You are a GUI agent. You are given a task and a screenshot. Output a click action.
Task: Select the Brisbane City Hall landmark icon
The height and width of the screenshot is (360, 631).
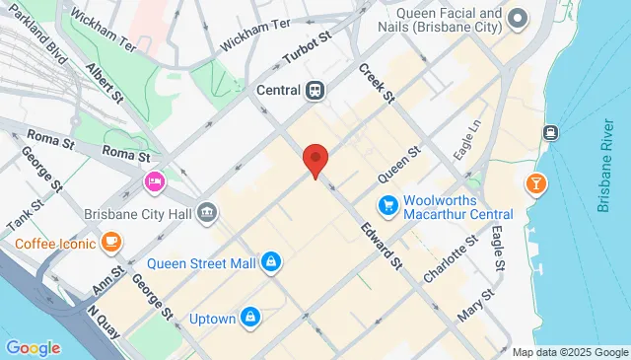click(x=207, y=211)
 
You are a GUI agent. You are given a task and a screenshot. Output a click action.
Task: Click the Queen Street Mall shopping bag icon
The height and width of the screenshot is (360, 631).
click(x=270, y=262)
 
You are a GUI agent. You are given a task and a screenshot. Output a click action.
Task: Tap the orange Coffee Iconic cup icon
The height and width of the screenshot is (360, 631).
click(x=111, y=242)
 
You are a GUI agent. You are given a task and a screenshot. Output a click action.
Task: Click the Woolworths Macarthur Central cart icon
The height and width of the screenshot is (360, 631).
click(x=388, y=206)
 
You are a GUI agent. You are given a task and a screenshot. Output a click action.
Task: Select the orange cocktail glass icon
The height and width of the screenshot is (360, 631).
click(x=536, y=183)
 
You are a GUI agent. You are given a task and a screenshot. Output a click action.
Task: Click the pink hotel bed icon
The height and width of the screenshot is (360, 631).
click(x=154, y=181)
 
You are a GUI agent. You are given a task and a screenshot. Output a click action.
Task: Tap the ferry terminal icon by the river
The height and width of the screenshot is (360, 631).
click(x=550, y=132)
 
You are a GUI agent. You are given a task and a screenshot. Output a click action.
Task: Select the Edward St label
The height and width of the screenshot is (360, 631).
click(x=382, y=245)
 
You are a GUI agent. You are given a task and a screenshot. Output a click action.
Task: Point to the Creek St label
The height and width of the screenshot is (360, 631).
click(x=376, y=84)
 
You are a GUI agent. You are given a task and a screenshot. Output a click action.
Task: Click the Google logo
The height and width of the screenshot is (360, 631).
click(x=33, y=347)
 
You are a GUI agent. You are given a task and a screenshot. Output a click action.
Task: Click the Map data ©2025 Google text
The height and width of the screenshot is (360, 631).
click(x=570, y=352)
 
